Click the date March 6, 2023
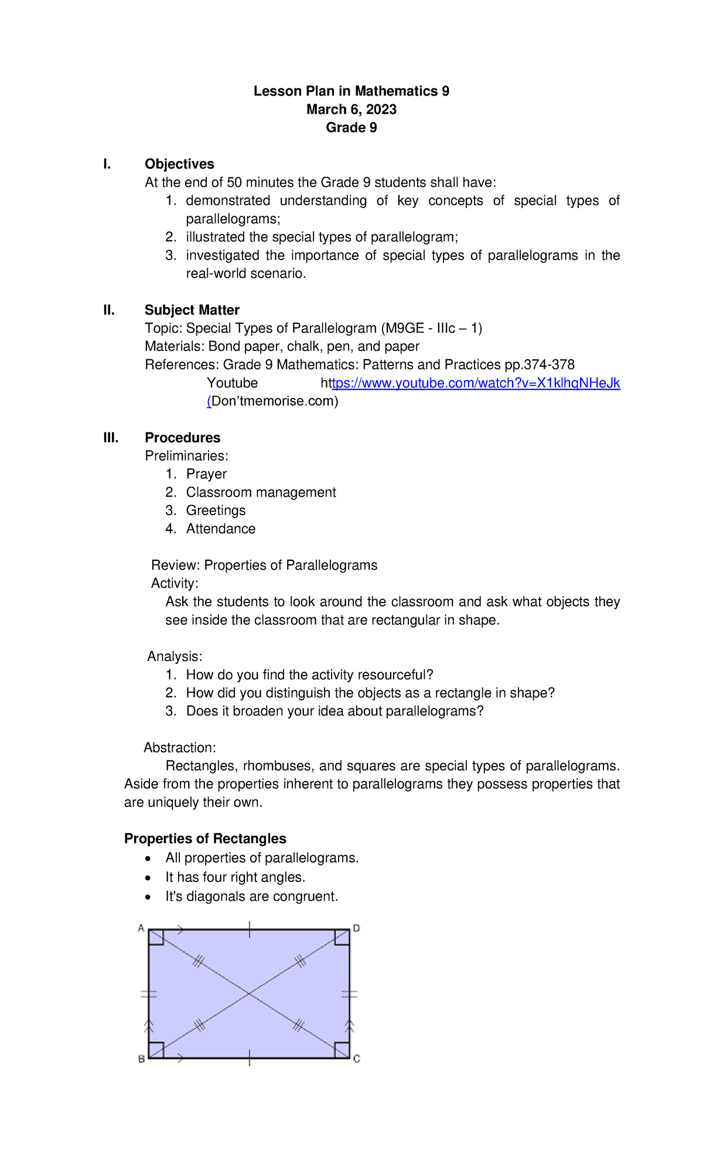[x=351, y=110]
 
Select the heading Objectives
[x=179, y=164]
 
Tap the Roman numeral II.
[x=109, y=310]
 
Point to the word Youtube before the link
[x=232, y=383]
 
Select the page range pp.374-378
[x=540, y=365]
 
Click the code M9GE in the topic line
[x=404, y=328]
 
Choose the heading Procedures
[x=182, y=438]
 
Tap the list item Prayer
[x=206, y=474]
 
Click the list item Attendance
[x=220, y=529]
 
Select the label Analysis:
[x=175, y=656]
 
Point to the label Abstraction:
[x=180, y=748]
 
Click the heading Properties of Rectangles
[x=205, y=839]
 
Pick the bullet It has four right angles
[x=235, y=877]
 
